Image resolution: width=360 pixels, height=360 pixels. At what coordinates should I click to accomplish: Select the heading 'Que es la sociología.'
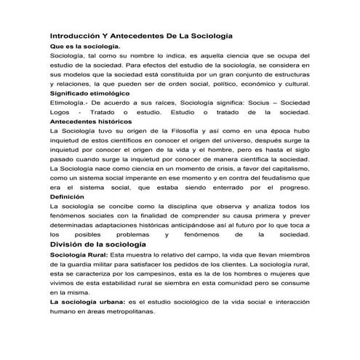84,47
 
